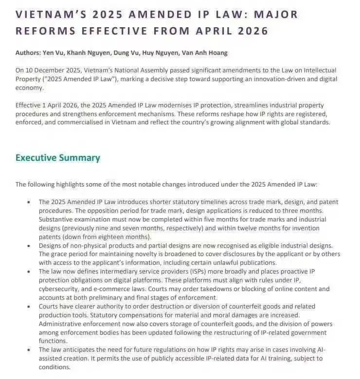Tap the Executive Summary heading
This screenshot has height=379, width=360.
[x=57, y=158]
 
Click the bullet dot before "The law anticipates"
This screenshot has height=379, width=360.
[x=28, y=350]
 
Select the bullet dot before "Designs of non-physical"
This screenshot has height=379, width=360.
[x=28, y=245]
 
